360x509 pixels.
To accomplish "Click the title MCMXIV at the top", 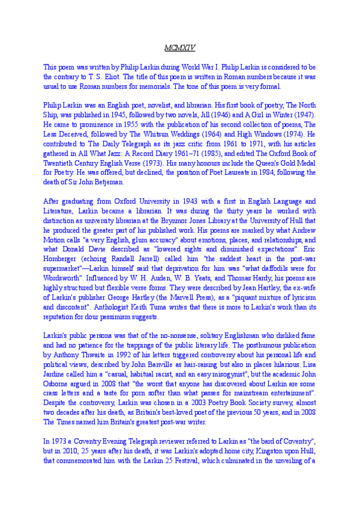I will pos(179,46).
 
